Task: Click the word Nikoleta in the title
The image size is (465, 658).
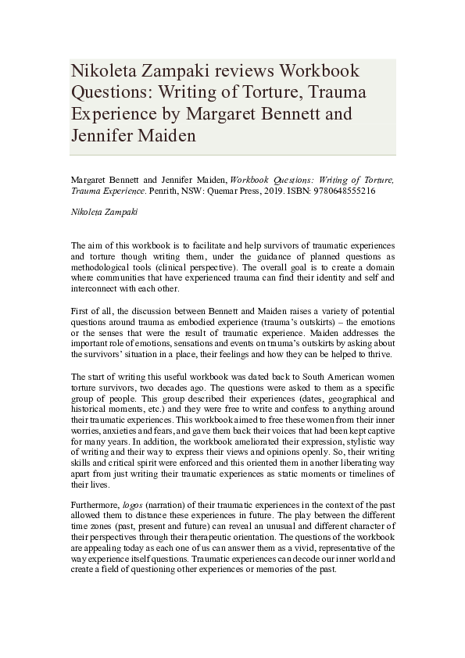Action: tap(106, 71)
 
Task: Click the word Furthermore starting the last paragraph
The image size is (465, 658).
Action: tap(93, 505)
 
